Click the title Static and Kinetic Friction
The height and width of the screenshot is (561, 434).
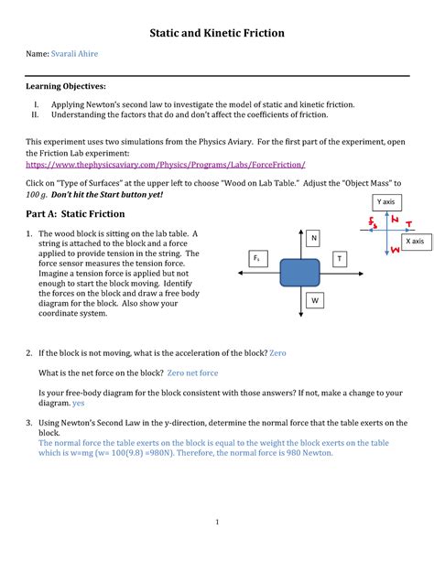pos(217,33)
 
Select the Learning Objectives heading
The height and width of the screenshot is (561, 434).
pos(65,85)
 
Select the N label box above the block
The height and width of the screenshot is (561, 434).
pos(314,239)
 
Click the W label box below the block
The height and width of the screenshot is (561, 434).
pos(314,299)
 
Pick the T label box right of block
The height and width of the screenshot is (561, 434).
pos(340,259)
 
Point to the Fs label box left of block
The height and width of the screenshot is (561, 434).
pos(257,259)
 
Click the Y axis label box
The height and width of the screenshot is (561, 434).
pos(385,201)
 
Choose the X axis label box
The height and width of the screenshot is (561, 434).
pos(414,241)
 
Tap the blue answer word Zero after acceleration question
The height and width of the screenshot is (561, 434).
pos(278,352)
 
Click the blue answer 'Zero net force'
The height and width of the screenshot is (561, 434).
pos(192,373)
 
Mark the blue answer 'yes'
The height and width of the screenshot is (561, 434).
pos(79,403)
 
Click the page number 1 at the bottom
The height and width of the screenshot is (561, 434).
pos(217,523)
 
